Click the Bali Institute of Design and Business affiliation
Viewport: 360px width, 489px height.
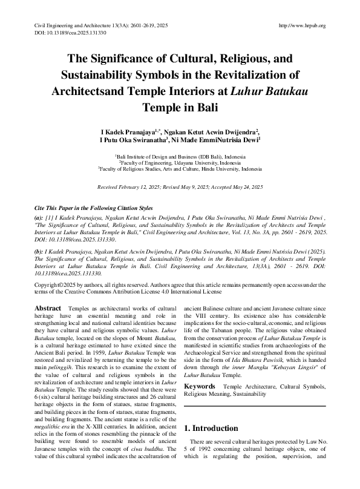(x=180, y=156)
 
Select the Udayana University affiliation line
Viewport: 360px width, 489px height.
(x=180, y=162)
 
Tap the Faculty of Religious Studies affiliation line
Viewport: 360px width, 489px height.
(x=180, y=169)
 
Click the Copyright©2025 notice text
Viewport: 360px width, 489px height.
(x=54, y=284)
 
